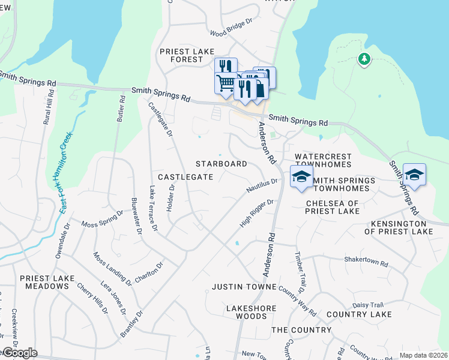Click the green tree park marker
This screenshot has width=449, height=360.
(363, 59)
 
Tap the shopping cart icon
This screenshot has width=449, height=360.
(226, 83)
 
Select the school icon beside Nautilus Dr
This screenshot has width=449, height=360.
(301, 176)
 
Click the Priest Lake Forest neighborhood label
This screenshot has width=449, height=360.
(181, 56)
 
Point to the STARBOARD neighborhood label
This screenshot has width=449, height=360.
(221, 164)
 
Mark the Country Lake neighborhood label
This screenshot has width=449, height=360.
(359, 314)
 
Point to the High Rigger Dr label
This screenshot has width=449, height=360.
(256, 214)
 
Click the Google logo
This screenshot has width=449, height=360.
(19, 353)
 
